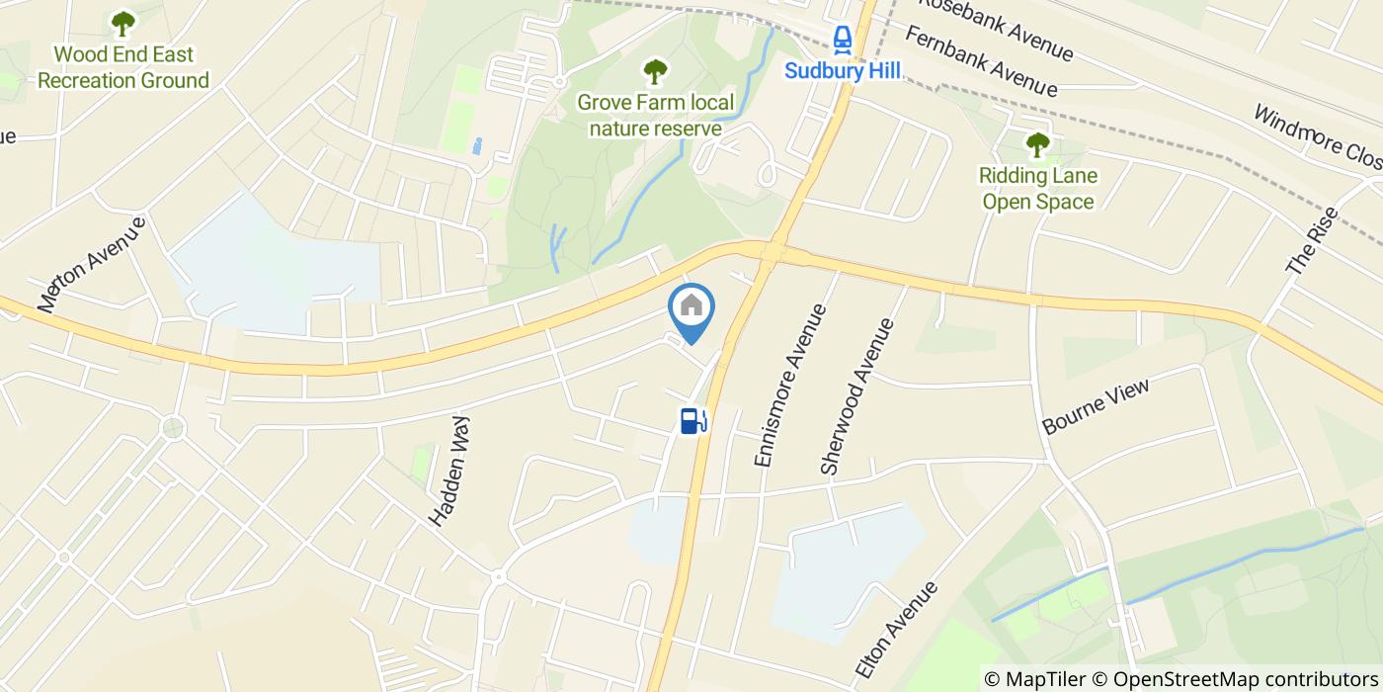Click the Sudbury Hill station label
[x=842, y=71]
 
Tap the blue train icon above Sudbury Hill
[x=842, y=40]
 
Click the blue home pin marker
[x=691, y=308]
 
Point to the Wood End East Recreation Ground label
[x=123, y=67]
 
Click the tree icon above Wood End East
[x=123, y=22]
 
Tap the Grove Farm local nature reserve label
[x=656, y=115]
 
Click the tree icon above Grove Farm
[x=655, y=70]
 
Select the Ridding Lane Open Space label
[x=1037, y=189]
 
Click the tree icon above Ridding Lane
[x=1037, y=145]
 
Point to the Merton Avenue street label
[x=93, y=265]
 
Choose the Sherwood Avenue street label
[x=856, y=395]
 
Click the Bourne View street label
[x=1096, y=406]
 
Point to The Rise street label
[x=1311, y=241]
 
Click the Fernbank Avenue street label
[x=980, y=61]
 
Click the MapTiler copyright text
[x=1044, y=679]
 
